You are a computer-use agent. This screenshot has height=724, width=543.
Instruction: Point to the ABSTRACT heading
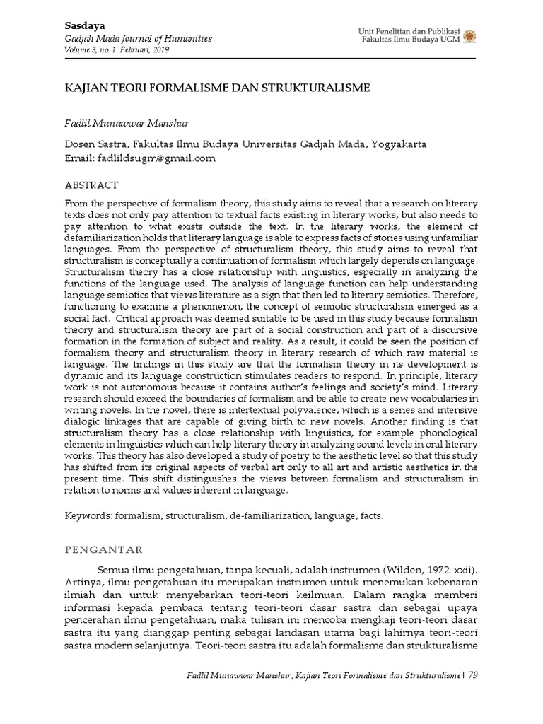tap(91, 185)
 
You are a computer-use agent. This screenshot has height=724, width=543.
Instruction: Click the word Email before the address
tap(78, 158)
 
